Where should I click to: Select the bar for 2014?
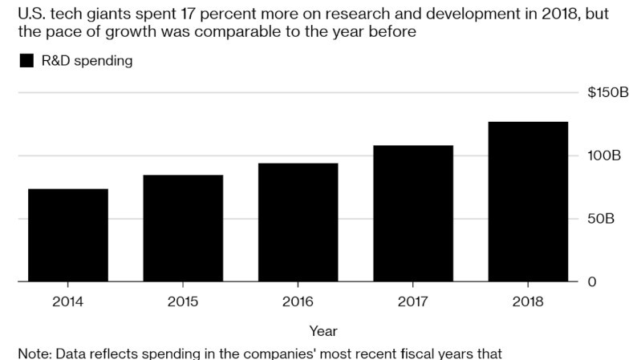pos(68,236)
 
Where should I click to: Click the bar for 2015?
pos(183,229)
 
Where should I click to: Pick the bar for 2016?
pos(298,223)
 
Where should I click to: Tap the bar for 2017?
pos(413,214)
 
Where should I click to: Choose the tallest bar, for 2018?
pos(528,202)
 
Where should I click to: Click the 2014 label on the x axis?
pos(68,301)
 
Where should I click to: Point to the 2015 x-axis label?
pos(183,301)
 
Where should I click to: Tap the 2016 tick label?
pos(298,301)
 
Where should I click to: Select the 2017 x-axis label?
pos(413,301)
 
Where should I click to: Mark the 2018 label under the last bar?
pos(528,301)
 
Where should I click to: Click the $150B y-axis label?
pos(608,93)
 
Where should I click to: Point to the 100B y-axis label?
pos(604,156)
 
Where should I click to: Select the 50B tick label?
pos(601,219)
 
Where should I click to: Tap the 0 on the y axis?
pos(591,282)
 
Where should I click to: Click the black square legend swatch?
pos(27,61)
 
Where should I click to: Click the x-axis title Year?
pos(323,330)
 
